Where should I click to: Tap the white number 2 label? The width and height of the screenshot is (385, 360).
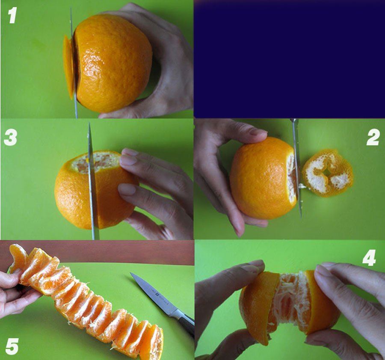373,138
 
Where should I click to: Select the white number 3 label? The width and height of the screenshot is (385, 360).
11,137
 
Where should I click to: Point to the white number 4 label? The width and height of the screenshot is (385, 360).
369,258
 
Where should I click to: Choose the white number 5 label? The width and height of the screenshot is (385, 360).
12,346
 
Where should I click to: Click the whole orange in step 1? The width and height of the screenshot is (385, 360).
113,63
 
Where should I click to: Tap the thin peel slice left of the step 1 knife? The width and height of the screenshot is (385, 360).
68,67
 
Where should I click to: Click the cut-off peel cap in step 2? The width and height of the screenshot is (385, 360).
327,173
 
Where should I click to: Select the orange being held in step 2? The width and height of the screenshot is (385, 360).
264,178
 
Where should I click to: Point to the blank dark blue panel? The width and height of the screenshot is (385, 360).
289,59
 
